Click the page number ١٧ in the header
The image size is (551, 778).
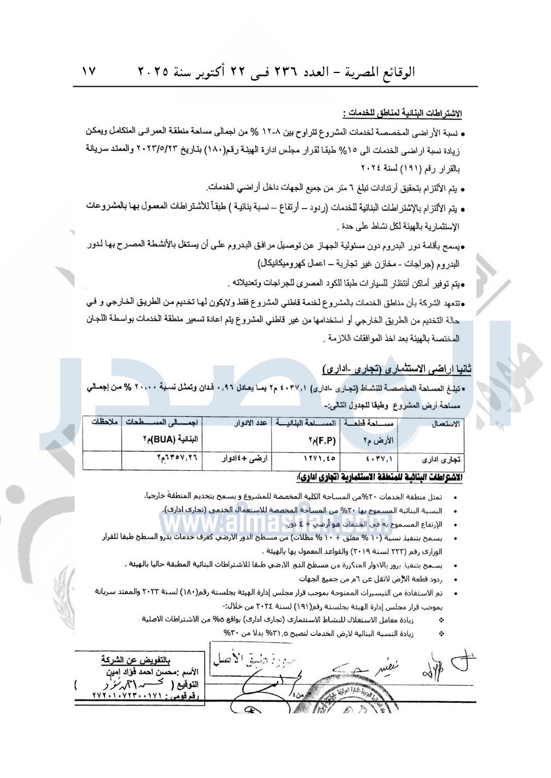pyautogui.click(x=89, y=72)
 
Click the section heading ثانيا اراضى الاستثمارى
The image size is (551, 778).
pyautogui.click(x=397, y=368)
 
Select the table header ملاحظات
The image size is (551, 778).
pyautogui.click(x=104, y=422)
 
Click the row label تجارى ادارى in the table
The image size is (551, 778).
pyautogui.click(x=442, y=459)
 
